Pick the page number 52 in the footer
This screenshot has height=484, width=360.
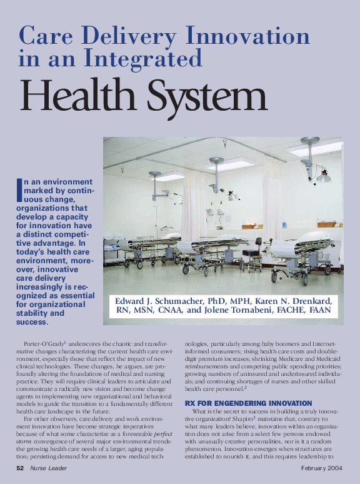[x=21, y=468]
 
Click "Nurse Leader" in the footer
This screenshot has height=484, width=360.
[x=52, y=468]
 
